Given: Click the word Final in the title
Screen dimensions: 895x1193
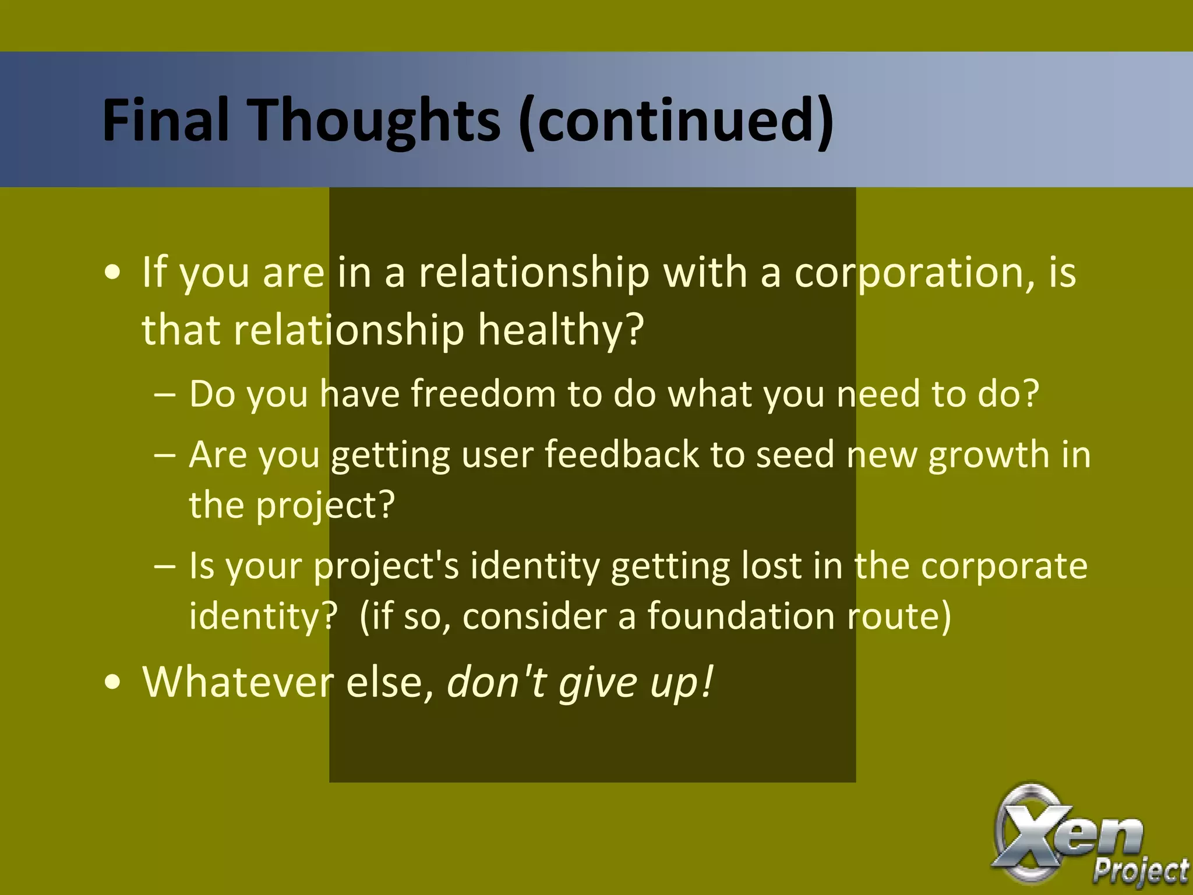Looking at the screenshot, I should pos(165,120).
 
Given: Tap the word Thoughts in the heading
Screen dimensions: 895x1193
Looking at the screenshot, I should pos(375,120).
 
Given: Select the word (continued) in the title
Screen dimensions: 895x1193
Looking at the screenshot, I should pos(675,120).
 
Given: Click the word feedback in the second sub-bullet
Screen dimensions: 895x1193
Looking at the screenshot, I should pos(621,454).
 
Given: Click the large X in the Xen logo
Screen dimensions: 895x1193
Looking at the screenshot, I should pos(1028,833).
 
